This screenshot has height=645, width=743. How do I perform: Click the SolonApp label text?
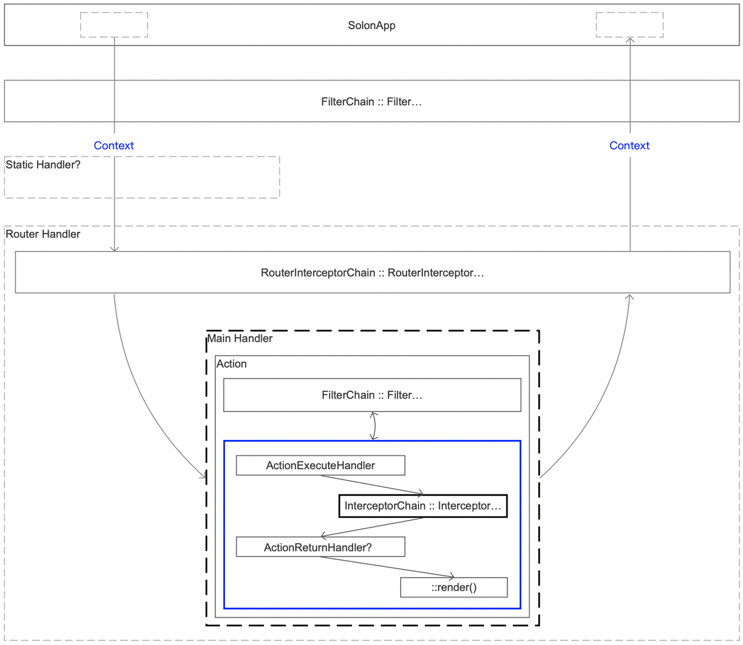click(x=371, y=26)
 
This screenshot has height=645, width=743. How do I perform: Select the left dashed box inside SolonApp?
click(x=114, y=25)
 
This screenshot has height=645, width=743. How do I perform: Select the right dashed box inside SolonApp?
click(x=629, y=25)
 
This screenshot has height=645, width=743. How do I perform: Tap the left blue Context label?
click(x=114, y=146)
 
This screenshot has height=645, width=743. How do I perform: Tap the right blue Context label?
click(x=629, y=146)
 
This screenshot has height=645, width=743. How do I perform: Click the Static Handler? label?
click(x=43, y=165)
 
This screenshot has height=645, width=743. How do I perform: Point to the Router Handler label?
click(x=43, y=234)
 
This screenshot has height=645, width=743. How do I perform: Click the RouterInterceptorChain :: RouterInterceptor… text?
click(x=372, y=273)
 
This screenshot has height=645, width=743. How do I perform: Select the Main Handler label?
click(x=240, y=339)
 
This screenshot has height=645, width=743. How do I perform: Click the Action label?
click(x=232, y=364)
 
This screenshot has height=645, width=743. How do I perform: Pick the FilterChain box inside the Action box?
click(x=372, y=395)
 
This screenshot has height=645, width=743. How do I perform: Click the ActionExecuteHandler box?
click(x=320, y=465)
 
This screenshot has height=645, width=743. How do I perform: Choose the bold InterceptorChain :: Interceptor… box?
click(x=423, y=506)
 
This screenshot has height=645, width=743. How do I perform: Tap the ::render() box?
click(x=454, y=587)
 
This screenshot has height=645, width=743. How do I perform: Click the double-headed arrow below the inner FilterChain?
click(x=374, y=426)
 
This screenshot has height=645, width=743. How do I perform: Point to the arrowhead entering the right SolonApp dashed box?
click(x=630, y=40)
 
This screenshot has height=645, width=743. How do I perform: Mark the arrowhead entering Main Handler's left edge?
click(x=204, y=476)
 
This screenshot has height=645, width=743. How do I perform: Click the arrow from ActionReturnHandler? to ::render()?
click(x=387, y=567)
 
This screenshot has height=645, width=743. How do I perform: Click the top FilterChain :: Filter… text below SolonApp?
click(x=371, y=102)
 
